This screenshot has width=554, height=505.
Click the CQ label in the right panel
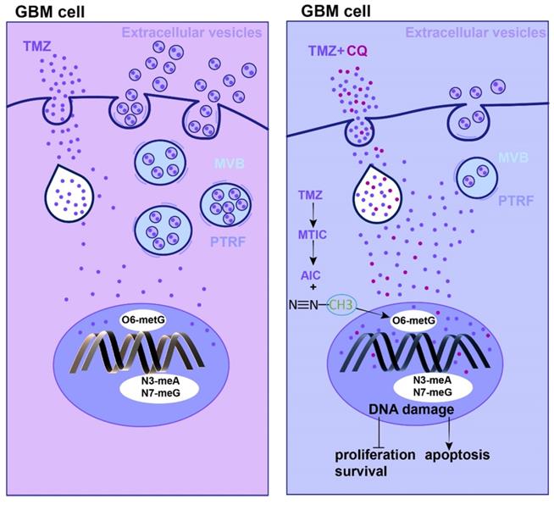point(357,51)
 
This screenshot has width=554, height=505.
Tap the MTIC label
point(313,235)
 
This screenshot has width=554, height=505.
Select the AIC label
point(311,275)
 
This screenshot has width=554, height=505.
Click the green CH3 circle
point(341,305)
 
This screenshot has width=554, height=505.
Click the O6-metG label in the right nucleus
point(413,321)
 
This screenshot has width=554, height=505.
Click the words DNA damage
point(411,409)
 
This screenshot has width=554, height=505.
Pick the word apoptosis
point(457,455)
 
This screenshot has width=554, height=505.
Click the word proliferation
point(375,455)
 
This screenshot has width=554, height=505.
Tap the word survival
point(361,471)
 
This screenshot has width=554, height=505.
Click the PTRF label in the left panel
point(228,242)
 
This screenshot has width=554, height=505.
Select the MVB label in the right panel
point(513,158)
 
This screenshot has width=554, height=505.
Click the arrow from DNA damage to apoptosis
point(449,433)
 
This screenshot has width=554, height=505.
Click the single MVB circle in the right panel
point(477,177)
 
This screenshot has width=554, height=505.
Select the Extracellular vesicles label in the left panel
point(191,33)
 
